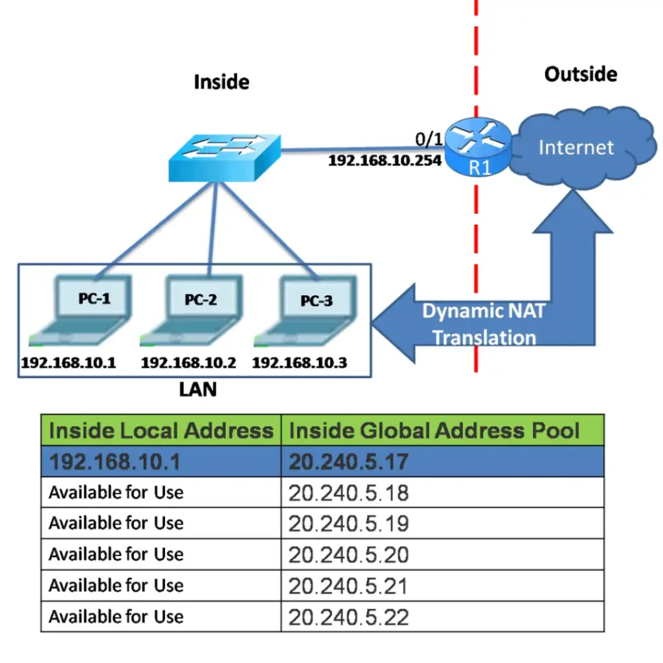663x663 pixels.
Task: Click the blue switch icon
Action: tap(224, 157)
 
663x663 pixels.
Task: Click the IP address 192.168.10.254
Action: tap(385, 160)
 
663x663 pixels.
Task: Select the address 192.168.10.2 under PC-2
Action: tap(188, 363)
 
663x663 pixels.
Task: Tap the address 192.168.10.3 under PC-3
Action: tap(299, 363)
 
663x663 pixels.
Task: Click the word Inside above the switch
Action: tap(221, 82)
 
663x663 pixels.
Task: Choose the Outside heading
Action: tap(580, 74)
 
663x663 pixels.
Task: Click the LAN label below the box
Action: tap(197, 390)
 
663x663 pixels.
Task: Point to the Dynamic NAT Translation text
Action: tap(484, 324)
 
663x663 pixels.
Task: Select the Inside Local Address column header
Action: tap(161, 431)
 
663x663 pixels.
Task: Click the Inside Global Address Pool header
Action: tap(434, 431)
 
